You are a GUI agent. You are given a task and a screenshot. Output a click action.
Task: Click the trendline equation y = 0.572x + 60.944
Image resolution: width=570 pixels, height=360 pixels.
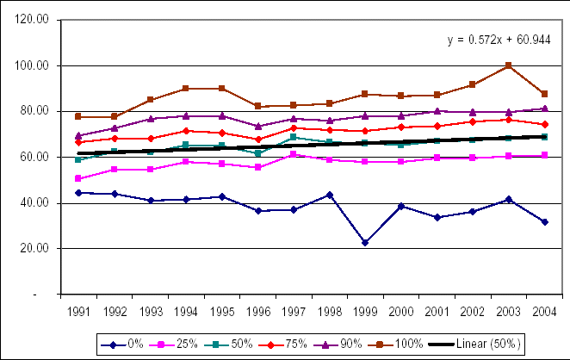[497, 40]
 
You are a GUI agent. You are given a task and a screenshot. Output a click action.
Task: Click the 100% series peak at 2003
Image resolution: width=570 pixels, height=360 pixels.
[508, 65]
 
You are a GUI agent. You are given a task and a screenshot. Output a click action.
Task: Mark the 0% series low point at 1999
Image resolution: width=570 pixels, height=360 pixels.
[365, 243]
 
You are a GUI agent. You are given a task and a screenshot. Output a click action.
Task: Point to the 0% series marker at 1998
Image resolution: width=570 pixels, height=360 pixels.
[329, 195]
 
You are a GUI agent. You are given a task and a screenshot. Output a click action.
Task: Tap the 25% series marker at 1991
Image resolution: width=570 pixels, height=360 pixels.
[78, 178]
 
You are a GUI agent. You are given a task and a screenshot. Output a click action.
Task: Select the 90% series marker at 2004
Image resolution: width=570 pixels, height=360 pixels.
[545, 109]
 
